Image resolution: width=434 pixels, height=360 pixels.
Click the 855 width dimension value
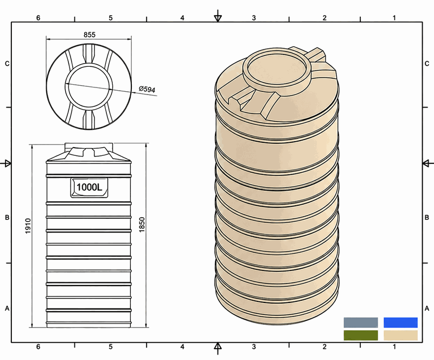tap(90, 35)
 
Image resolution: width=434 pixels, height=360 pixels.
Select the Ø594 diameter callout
tap(147, 89)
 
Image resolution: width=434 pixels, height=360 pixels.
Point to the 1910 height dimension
tap(28, 226)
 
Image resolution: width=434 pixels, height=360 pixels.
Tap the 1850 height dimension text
tap(142, 225)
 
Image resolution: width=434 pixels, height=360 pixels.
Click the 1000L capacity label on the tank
tap(89, 187)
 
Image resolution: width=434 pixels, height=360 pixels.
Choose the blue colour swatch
tap(400, 323)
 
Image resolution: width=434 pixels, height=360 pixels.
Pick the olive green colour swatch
tap(361, 336)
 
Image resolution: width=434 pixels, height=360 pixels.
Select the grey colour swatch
tap(361, 323)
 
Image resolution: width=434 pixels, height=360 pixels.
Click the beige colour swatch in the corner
tap(400, 336)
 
